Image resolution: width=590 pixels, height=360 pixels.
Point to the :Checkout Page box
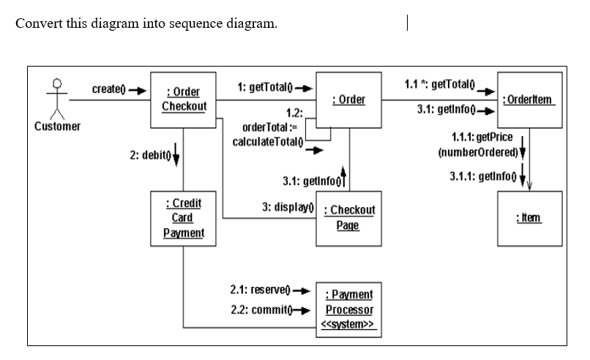pyautogui.click(x=348, y=218)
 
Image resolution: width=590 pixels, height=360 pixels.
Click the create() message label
pyautogui.click(x=108, y=89)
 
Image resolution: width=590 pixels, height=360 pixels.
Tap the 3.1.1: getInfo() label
pyautogui.click(x=480, y=176)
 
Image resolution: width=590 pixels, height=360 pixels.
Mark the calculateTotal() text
pyautogui.click(x=266, y=140)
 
